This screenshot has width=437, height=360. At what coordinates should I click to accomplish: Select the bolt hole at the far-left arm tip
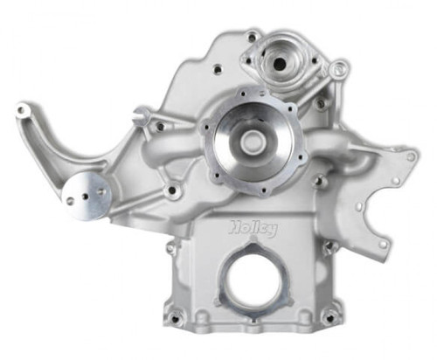24,112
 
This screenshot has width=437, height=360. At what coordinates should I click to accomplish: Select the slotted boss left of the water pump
141,116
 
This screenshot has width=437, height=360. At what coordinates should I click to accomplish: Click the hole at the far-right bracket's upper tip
411,156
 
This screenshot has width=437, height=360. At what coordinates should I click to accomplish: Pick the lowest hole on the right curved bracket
382,246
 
